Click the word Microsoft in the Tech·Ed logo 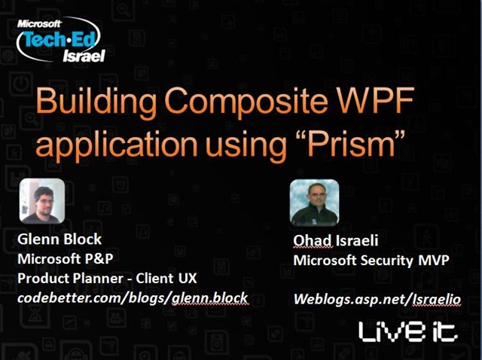pyautogui.click(x=39, y=23)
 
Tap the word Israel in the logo pyautogui.click(x=84, y=56)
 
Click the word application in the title pyautogui.click(x=117, y=145)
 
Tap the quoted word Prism pyautogui.click(x=350, y=142)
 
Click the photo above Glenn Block pyautogui.click(x=42, y=201)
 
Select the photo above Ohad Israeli pyautogui.click(x=314, y=203)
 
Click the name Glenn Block pyautogui.click(x=59, y=239)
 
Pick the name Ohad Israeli pyautogui.click(x=335, y=240)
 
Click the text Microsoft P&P pyautogui.click(x=66, y=259)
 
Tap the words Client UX pyautogui.click(x=166, y=278)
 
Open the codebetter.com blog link pyautogui.click(x=133, y=298)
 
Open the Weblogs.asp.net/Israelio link pyautogui.click(x=377, y=299)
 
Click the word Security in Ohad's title pyautogui.click(x=386, y=261)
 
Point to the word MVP pyautogui.click(x=434, y=261)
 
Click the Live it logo pyautogui.click(x=408, y=331)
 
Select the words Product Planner pyautogui.click(x=70, y=278)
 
